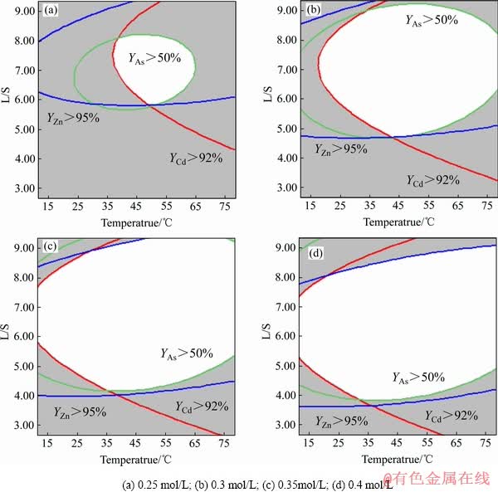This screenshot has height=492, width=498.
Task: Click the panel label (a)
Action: click(51, 12)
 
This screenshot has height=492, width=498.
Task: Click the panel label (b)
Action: click(314, 11)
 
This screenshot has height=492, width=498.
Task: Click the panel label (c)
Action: click(51, 247)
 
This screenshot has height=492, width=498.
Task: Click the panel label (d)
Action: click(315, 251)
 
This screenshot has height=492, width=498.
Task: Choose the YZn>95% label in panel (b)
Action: click(341, 149)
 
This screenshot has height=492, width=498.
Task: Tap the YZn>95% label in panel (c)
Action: click(80, 411)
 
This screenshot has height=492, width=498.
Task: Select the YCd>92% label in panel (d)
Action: click(452, 415)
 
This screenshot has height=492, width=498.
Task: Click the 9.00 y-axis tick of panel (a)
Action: click(24, 12)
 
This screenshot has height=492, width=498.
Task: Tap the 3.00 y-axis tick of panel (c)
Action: click(24, 425)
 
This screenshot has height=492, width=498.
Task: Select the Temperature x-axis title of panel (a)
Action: click(136, 222)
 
